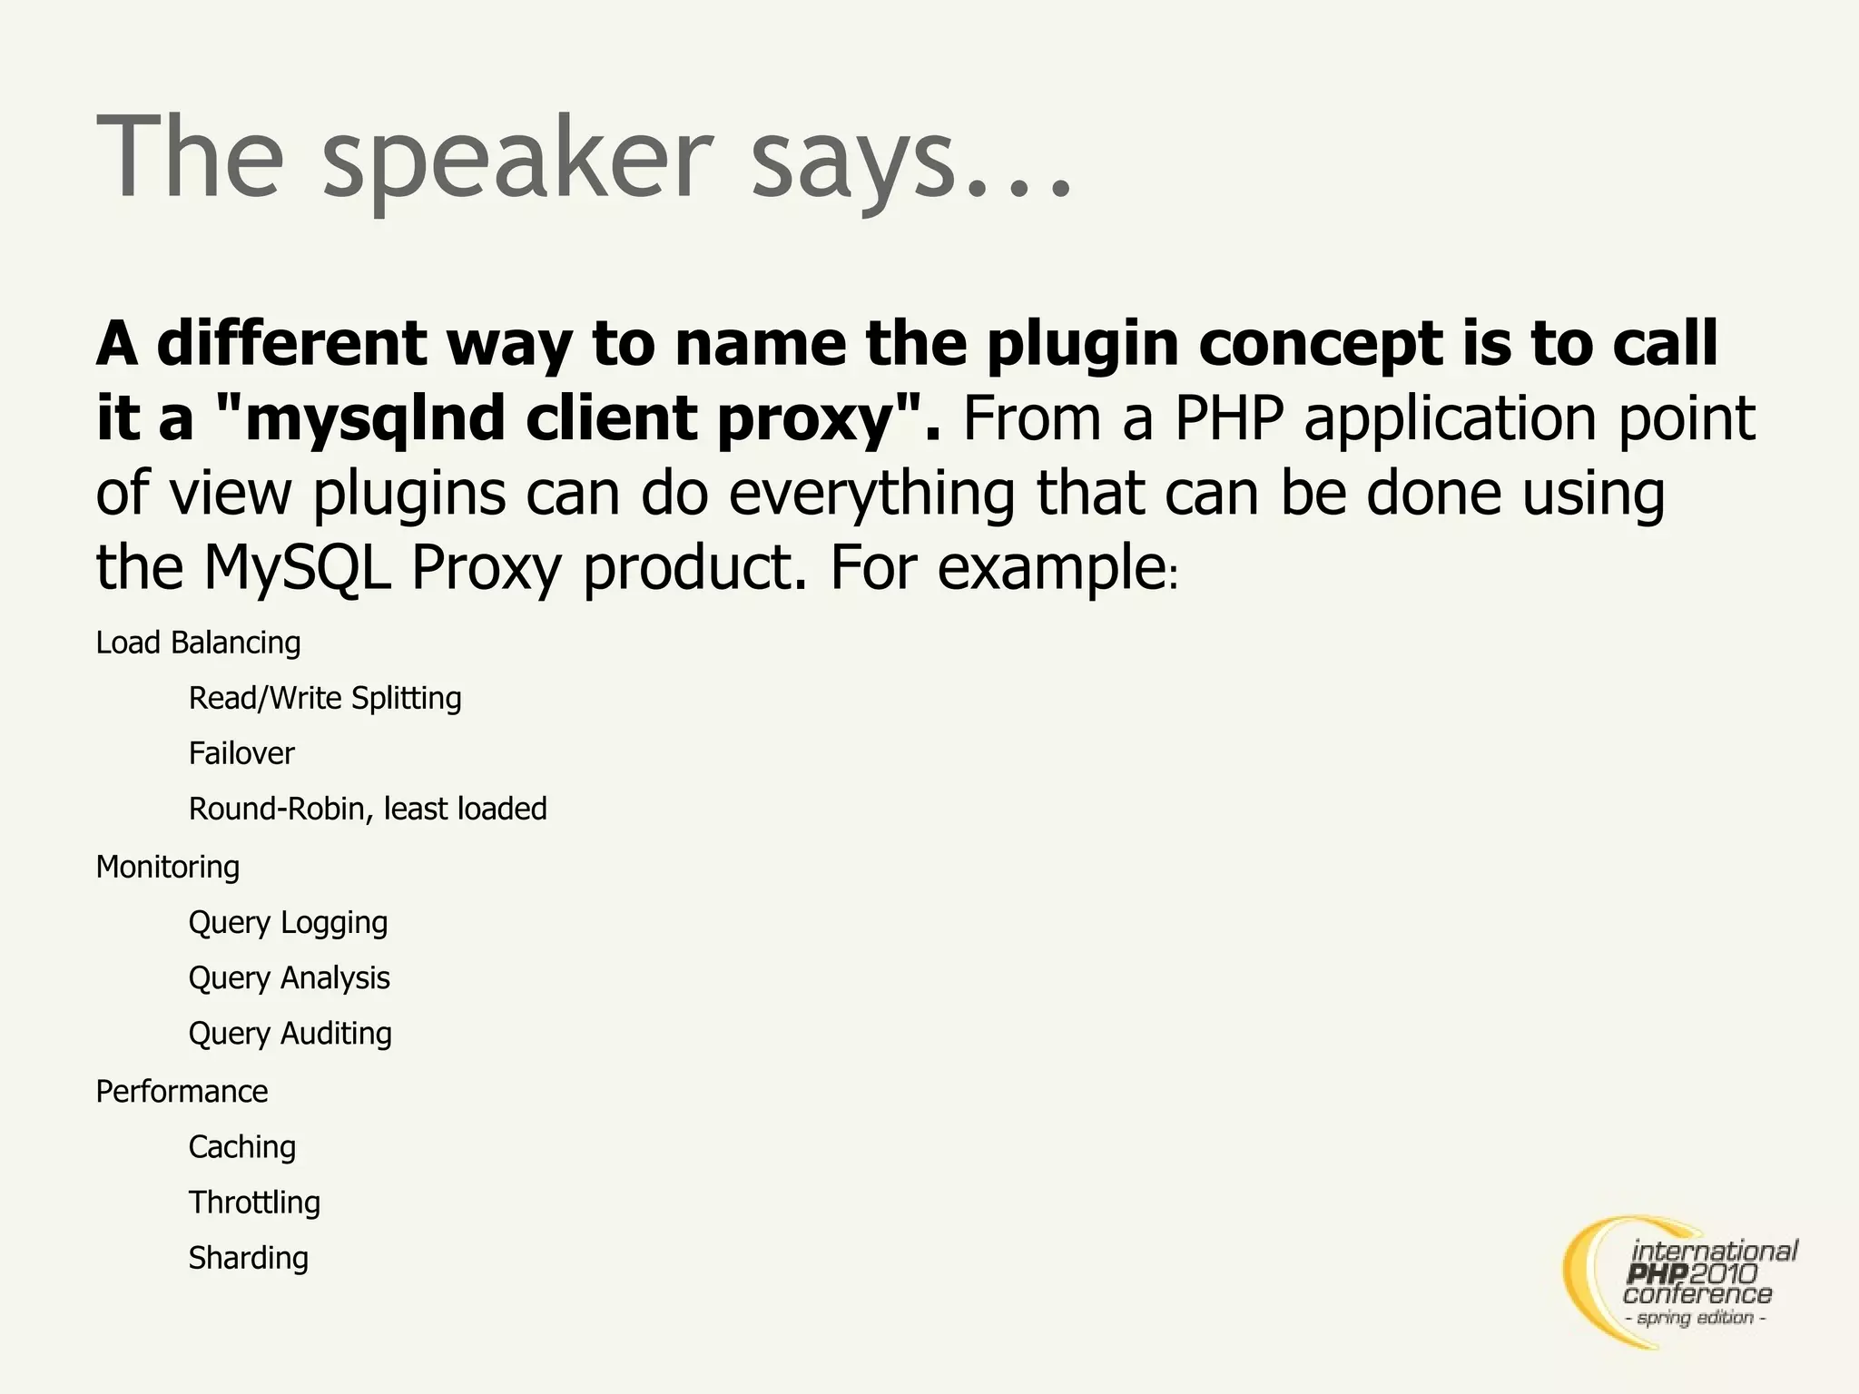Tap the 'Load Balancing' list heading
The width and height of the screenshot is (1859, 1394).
point(198,643)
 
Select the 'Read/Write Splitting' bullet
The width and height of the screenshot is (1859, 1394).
point(325,698)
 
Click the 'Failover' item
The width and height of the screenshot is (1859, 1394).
point(241,753)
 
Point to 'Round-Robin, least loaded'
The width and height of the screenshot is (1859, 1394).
point(368,809)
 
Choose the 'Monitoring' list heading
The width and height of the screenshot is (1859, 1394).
point(168,867)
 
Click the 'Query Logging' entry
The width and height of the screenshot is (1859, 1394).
point(288,922)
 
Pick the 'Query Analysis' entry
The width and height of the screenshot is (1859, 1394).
point(289,977)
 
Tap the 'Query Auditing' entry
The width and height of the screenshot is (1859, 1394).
point(290,1034)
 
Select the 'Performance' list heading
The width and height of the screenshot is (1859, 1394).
point(182,1091)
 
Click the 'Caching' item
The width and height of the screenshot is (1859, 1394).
point(241,1147)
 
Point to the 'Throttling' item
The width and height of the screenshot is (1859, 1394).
point(254,1203)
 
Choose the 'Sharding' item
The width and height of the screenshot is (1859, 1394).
point(248,1258)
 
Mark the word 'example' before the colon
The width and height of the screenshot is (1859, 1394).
point(1051,569)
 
